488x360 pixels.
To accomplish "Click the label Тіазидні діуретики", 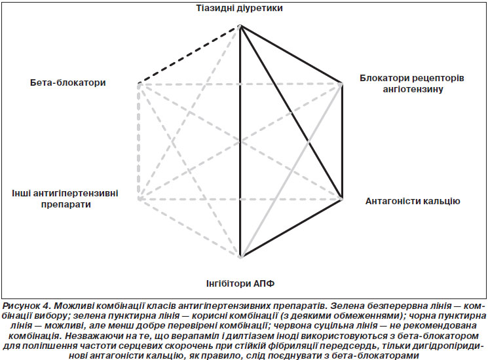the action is (239, 8).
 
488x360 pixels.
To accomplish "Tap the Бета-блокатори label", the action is (68, 82).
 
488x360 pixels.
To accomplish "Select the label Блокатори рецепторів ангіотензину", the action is (412, 83).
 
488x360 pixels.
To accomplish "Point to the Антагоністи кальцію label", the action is (413, 201).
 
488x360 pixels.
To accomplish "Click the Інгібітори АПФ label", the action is (240, 283).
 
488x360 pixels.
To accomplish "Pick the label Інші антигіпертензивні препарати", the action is (65, 198).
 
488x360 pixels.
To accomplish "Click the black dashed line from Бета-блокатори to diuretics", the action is (189, 56).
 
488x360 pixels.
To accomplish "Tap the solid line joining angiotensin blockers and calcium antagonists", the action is (342, 141).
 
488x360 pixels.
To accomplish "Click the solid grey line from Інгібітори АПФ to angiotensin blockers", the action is (291, 170).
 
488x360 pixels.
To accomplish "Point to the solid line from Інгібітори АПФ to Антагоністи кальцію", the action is (291, 228).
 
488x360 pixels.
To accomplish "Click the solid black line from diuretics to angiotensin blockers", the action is (291, 55).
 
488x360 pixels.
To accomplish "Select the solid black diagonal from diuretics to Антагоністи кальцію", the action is (291, 112).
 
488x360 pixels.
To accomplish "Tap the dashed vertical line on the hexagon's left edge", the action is (138, 141).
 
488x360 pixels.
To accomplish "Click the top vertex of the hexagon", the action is (240, 27).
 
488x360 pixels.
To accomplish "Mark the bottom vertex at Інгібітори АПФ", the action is (240, 257).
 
